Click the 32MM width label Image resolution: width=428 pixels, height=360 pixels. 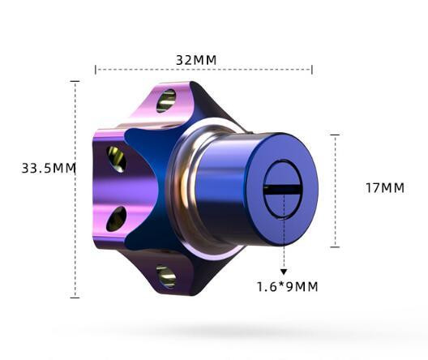[x=196, y=60]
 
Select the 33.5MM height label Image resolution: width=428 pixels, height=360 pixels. [x=48, y=169]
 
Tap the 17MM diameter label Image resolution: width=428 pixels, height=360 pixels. [x=384, y=187]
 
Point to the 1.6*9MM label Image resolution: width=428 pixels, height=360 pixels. [x=287, y=286]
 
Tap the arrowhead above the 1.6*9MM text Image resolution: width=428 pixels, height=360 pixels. [x=284, y=272]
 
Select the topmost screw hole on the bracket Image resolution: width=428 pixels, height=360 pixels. [x=166, y=101]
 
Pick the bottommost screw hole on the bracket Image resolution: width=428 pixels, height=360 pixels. [x=166, y=276]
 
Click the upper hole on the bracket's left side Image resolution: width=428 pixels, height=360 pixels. [x=117, y=159]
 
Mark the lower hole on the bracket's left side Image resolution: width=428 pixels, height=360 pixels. [x=116, y=218]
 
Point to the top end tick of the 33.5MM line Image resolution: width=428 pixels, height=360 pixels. [x=75, y=82]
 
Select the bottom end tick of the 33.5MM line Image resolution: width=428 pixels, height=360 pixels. [x=75, y=298]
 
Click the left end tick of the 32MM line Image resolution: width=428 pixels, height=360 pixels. [x=96, y=69]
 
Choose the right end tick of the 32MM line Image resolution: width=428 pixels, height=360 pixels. [x=312, y=69]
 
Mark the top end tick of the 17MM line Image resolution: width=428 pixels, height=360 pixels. [x=335, y=135]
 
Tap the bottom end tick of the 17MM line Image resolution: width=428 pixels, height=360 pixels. [x=335, y=246]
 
